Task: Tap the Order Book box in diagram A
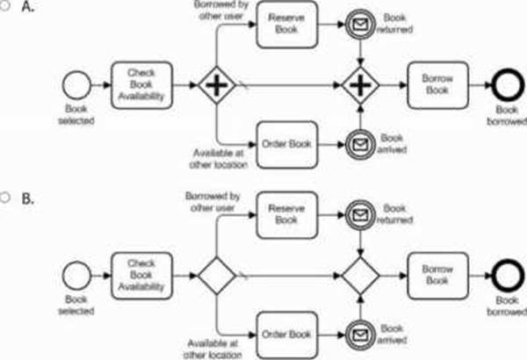tap(285, 140)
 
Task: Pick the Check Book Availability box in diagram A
tap(140, 85)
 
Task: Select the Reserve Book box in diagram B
tap(285, 213)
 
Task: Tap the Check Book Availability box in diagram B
tap(140, 274)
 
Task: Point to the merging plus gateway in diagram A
tap(360, 86)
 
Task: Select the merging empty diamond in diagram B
tap(360, 274)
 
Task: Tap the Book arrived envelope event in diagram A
tap(360, 140)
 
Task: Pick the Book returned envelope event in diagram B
tap(360, 214)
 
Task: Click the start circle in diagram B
tap(77, 274)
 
